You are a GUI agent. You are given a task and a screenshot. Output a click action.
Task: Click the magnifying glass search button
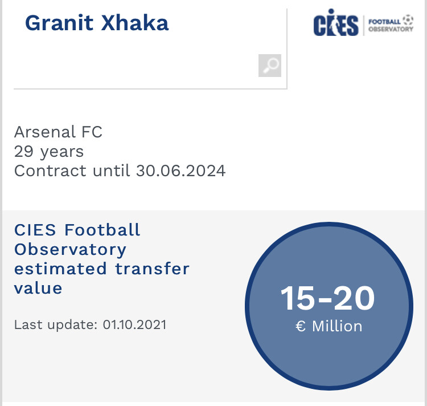click(270, 66)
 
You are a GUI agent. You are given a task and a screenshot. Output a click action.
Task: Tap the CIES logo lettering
click(336, 23)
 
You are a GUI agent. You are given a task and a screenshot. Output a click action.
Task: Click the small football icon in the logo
click(408, 20)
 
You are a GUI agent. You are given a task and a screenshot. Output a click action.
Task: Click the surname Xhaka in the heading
click(135, 23)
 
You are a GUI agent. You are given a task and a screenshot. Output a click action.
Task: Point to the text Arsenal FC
click(58, 132)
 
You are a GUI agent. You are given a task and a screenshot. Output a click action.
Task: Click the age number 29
click(24, 152)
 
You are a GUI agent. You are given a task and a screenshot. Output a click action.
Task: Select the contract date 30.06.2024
click(181, 171)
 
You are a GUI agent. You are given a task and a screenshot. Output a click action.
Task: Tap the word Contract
click(50, 171)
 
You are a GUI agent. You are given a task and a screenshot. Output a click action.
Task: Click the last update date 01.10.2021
click(134, 325)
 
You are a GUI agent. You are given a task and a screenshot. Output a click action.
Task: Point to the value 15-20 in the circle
click(327, 298)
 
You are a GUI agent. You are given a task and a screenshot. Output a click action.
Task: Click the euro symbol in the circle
click(301, 326)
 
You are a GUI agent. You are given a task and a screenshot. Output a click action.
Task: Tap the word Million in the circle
click(337, 326)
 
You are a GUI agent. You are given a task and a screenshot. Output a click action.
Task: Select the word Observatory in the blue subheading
click(70, 250)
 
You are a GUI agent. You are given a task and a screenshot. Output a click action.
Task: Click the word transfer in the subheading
click(152, 269)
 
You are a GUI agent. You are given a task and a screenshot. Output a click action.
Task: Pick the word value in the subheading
click(38, 289)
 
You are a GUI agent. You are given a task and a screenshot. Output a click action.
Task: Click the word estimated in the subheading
click(60, 269)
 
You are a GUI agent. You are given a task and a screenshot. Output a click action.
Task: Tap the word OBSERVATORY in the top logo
click(391, 29)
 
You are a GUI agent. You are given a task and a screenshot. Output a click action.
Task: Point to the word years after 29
click(62, 152)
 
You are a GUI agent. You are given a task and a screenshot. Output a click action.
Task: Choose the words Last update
click(56, 325)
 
